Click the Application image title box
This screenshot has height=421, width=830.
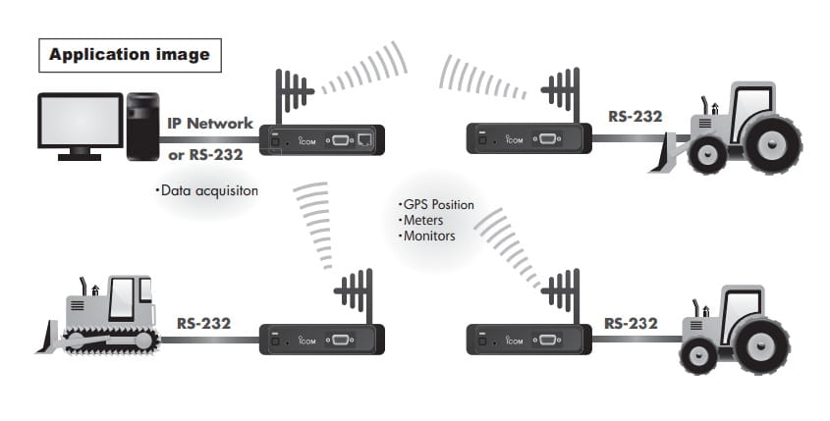click(x=129, y=55)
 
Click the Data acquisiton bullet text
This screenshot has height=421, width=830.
click(x=206, y=190)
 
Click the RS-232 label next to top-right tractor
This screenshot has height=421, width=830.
click(x=635, y=116)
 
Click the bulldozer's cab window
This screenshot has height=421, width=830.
click(x=123, y=295)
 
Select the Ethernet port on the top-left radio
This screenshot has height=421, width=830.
click(x=365, y=141)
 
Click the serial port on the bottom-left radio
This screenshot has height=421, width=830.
click(x=341, y=340)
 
